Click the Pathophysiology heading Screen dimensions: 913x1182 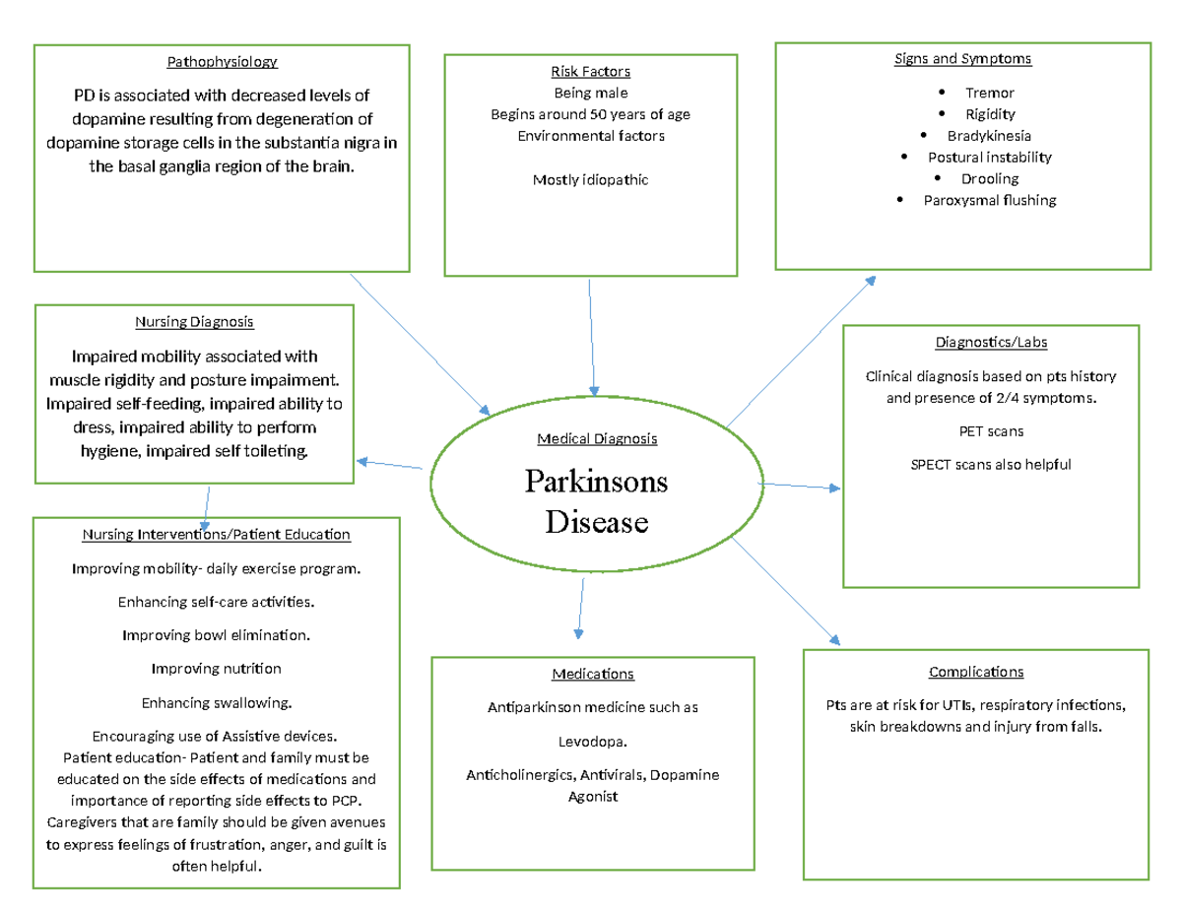tap(222, 62)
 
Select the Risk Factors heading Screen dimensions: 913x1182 tap(590, 71)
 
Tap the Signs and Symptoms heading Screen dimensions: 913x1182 tap(962, 58)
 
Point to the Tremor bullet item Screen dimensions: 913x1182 tap(989, 93)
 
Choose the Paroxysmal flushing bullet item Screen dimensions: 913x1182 tap(989, 200)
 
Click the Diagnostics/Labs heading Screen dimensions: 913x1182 tap(990, 342)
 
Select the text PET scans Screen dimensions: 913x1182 tap(989, 431)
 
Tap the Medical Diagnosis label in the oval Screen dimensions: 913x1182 tap(597, 438)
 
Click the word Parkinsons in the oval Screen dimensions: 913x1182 tap(596, 482)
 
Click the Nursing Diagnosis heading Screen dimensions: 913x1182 tap(194, 321)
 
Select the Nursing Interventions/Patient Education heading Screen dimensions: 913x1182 tap(216, 535)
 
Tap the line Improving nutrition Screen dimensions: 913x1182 tap(216, 669)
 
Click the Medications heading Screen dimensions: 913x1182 tap(592, 674)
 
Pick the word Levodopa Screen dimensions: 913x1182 tap(592, 741)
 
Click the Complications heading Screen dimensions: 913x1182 tap(975, 672)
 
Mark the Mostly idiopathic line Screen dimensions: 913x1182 tap(590, 179)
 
